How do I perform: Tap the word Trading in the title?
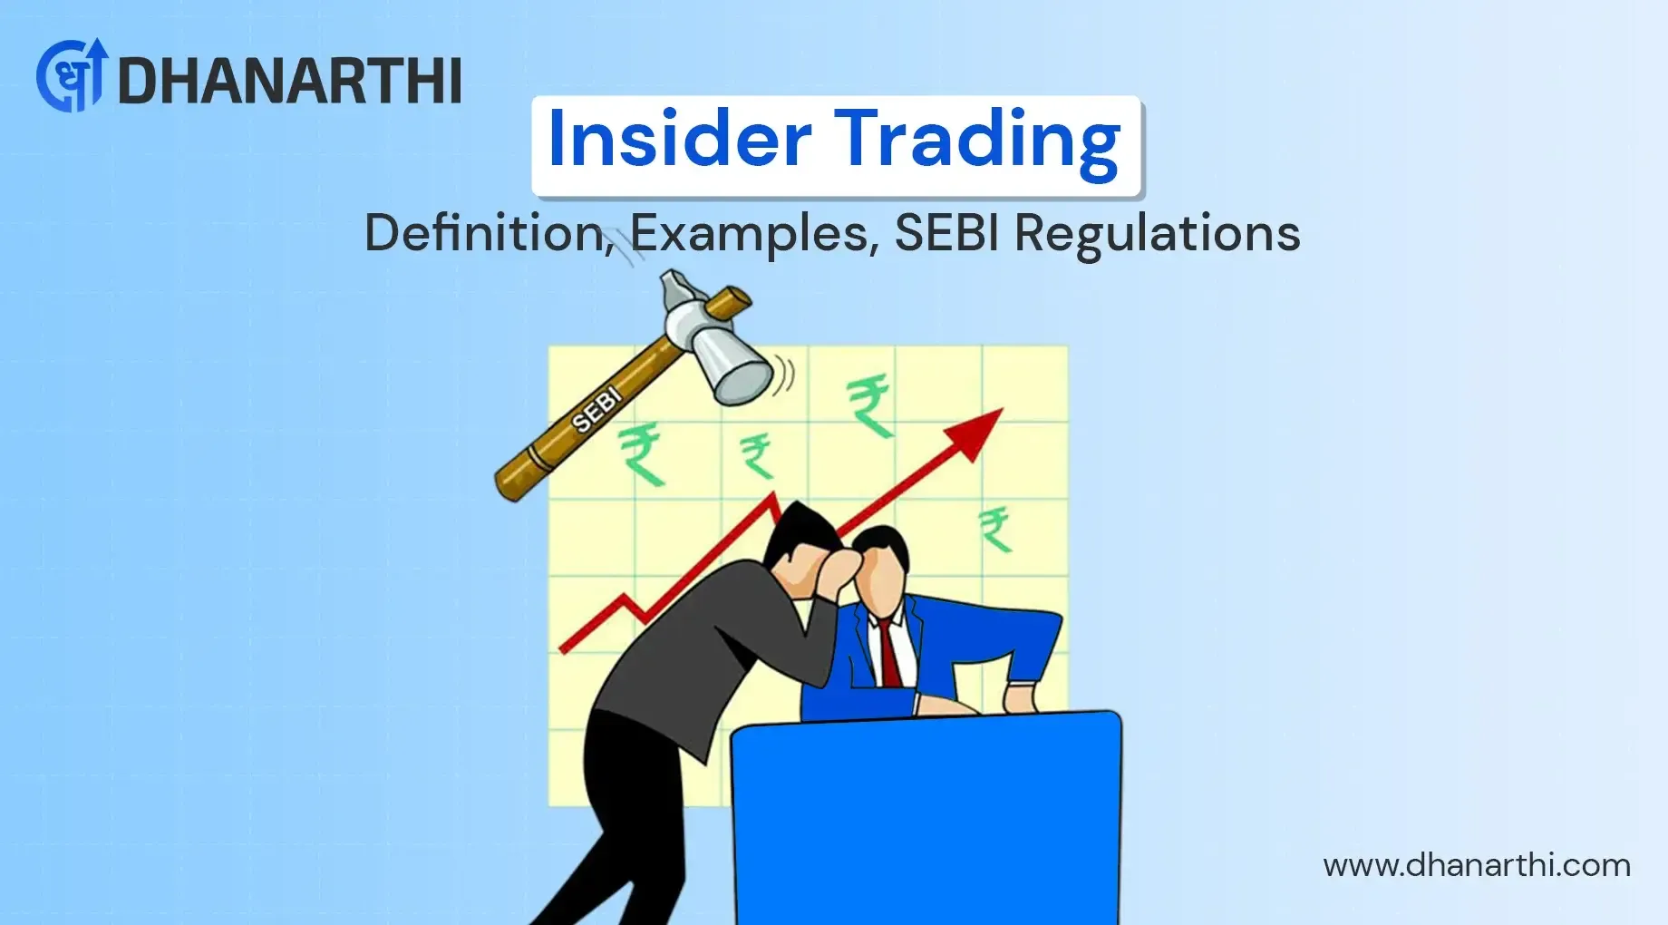pos(976,141)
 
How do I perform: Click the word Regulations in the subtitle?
pos(1157,234)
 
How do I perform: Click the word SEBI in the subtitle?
pos(948,233)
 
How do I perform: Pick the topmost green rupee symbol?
pos(869,405)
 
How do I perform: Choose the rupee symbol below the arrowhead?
pos(995,529)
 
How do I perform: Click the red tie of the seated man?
pos(890,654)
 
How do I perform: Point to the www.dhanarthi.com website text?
pos(1476,865)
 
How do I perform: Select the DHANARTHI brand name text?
pos(289,81)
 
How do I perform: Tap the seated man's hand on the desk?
pos(1021,699)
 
